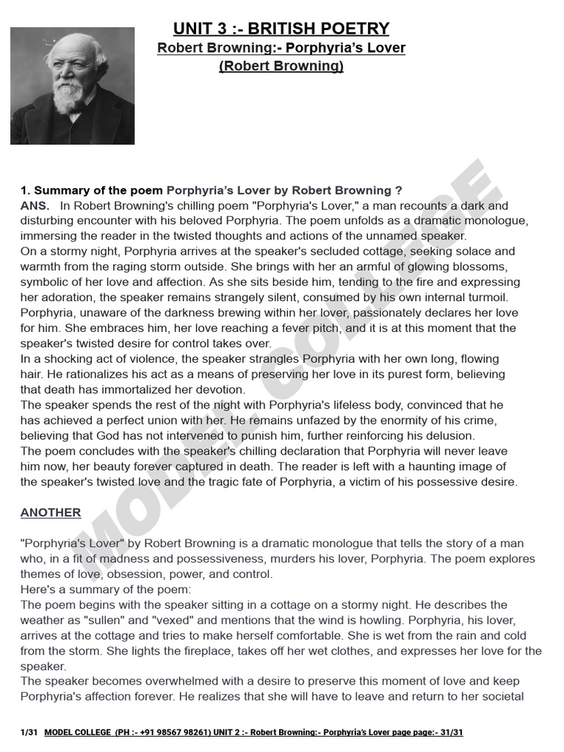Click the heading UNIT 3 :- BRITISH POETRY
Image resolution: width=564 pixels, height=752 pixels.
281,29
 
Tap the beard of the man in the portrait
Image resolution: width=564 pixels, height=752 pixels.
70,96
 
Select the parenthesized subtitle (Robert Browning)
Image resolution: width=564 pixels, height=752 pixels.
281,66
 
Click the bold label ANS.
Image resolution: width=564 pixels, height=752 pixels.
35,206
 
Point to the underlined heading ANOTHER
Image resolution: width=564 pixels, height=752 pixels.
51,513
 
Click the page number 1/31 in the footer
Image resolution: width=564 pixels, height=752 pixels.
29,733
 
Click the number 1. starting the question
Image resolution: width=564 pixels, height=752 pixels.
26,190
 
